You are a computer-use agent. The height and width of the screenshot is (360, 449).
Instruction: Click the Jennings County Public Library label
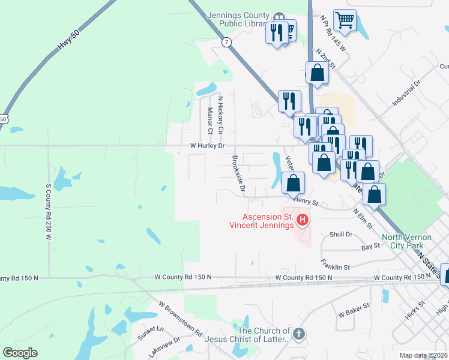[238, 19]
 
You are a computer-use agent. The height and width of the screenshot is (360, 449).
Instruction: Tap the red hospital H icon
[303, 221]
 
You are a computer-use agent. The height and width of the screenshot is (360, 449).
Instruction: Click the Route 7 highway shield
[226, 42]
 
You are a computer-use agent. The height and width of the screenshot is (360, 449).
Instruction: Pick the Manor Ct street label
[209, 121]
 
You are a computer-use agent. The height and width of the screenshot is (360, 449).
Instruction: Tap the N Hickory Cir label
[220, 115]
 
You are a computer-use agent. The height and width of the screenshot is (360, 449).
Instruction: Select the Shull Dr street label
[340, 235]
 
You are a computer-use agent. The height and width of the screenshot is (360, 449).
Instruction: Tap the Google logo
[20, 353]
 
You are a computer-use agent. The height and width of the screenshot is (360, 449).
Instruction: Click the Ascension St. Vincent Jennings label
[262, 221]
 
